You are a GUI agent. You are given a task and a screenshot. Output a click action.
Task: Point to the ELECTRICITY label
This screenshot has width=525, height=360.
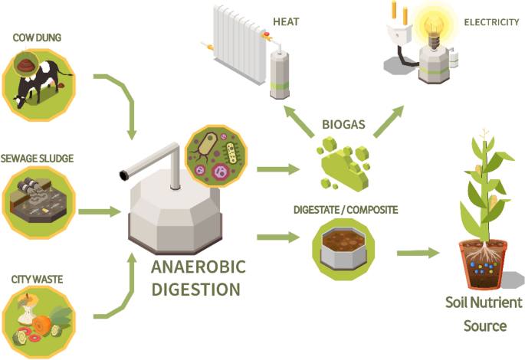point(491,22)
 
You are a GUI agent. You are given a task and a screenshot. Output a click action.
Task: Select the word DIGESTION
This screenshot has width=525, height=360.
point(195,290)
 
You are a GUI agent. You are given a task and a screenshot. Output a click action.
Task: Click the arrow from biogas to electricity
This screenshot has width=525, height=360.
point(388,120)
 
